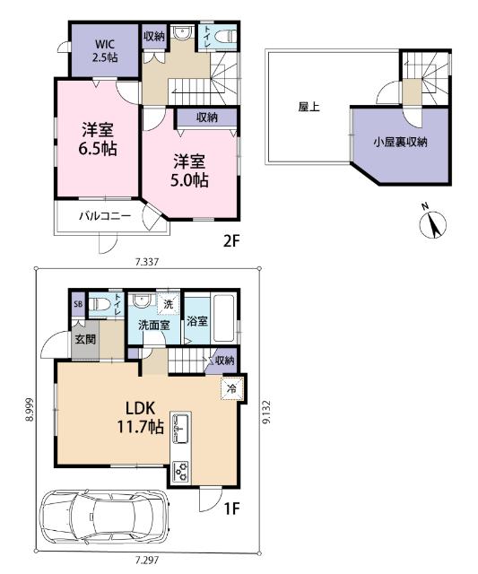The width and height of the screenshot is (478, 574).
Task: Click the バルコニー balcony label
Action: pos(104,216)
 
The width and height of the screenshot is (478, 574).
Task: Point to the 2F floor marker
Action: pos(233,241)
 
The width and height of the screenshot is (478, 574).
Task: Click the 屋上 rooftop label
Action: pos(309,106)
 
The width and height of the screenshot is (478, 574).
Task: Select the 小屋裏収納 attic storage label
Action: pos(401,141)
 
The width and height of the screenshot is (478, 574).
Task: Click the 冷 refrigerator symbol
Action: pos(230,389)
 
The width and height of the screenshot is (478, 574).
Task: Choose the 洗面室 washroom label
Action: pos(154,326)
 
